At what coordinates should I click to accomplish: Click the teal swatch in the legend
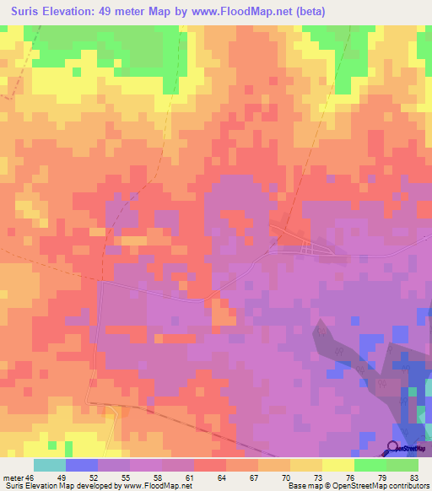[x=50, y=465]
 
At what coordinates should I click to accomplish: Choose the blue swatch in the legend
[x=82, y=465]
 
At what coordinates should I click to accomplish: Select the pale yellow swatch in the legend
[x=338, y=465]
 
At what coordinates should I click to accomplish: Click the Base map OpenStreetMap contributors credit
[x=359, y=486]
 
